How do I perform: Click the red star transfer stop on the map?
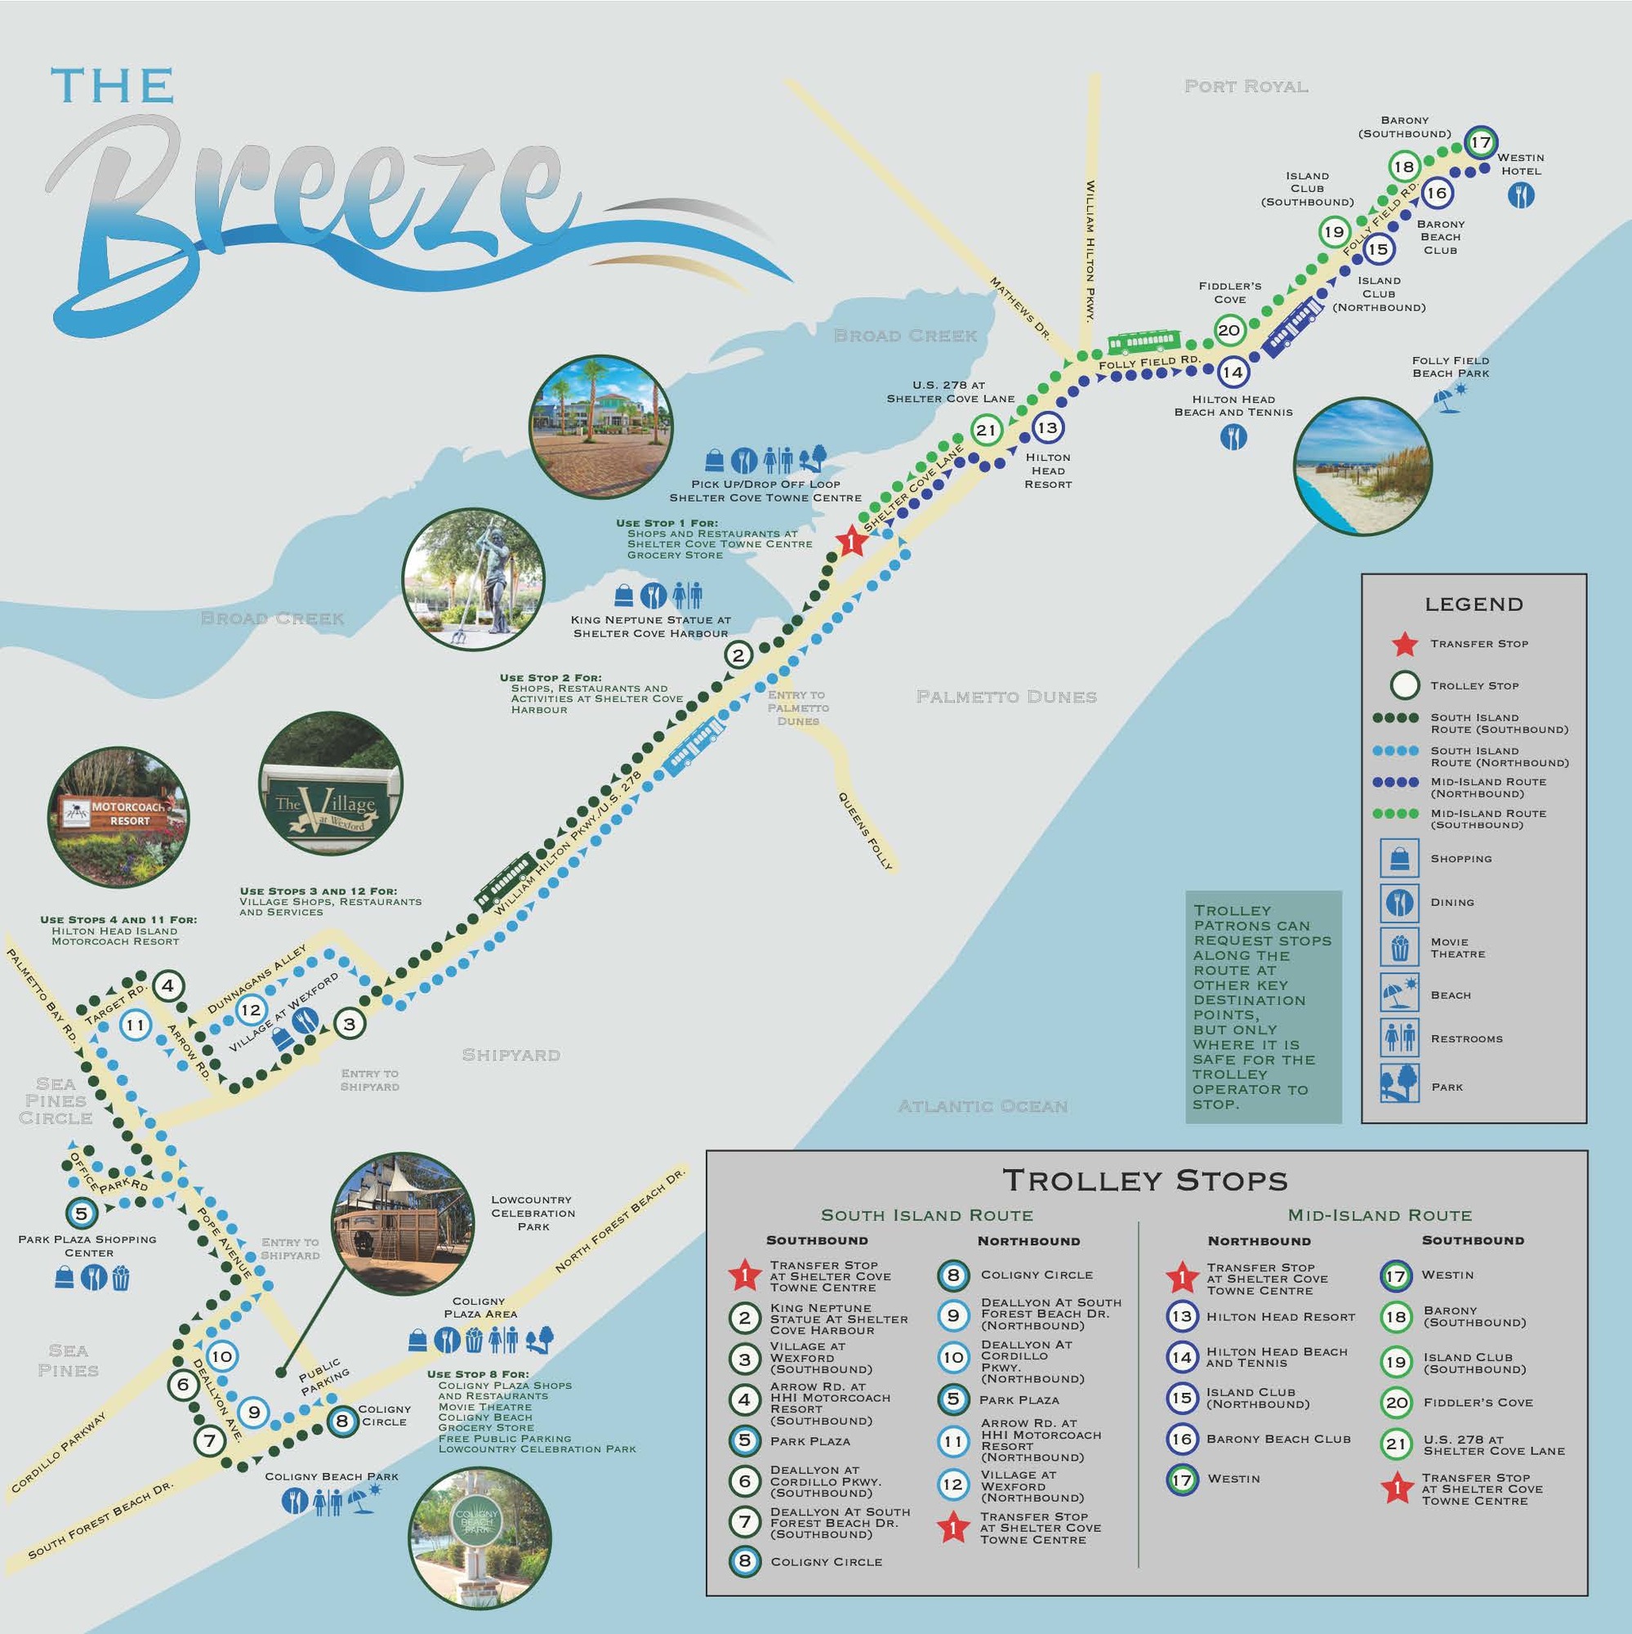pyautogui.click(x=851, y=542)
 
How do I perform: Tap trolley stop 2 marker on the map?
pyautogui.click(x=738, y=654)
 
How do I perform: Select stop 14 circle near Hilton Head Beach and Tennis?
pyautogui.click(x=1232, y=371)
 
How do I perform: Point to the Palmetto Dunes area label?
pyautogui.click(x=1006, y=697)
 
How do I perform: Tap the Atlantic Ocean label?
pyautogui.click(x=983, y=1106)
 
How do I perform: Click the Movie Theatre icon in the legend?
pyautogui.click(x=1398, y=947)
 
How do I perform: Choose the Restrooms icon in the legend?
pyautogui.click(x=1398, y=1038)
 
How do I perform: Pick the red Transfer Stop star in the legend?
pyautogui.click(x=1405, y=644)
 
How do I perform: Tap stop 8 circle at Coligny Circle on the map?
pyautogui.click(x=341, y=1421)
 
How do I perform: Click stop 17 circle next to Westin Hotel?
pyautogui.click(x=1480, y=142)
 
